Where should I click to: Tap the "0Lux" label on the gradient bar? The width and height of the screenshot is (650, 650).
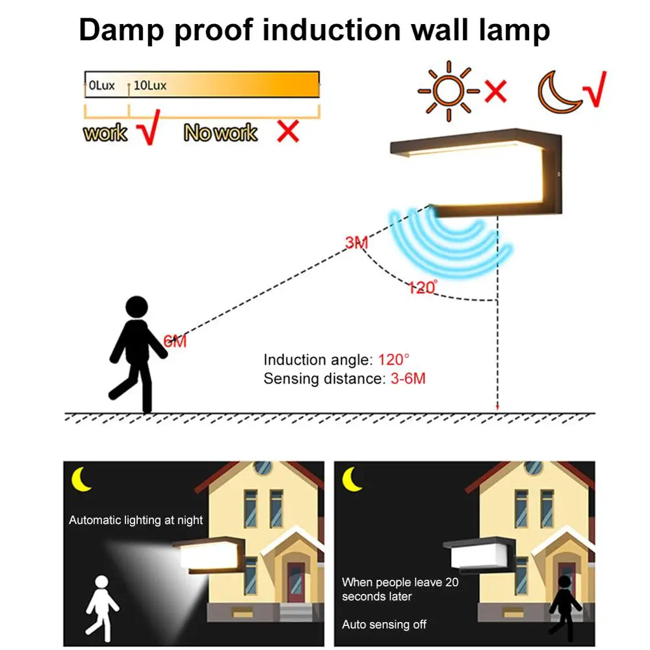(x=101, y=85)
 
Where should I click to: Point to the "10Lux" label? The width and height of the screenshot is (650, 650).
(x=150, y=85)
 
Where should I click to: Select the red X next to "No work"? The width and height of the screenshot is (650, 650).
(x=288, y=131)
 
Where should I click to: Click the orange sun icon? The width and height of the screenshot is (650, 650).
(x=448, y=92)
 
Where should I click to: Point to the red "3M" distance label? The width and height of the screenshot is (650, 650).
(x=357, y=243)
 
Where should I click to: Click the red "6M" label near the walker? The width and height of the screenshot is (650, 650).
(x=175, y=341)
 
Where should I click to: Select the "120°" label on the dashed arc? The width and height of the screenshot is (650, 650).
(x=422, y=287)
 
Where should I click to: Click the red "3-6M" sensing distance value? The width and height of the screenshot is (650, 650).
(x=407, y=378)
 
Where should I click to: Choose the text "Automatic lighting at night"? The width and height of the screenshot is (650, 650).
(x=136, y=520)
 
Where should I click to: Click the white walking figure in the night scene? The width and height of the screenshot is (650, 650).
(x=102, y=604)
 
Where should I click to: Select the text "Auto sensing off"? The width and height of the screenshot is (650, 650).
(x=384, y=625)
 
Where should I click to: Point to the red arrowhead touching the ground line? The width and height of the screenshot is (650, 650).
(x=497, y=408)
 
